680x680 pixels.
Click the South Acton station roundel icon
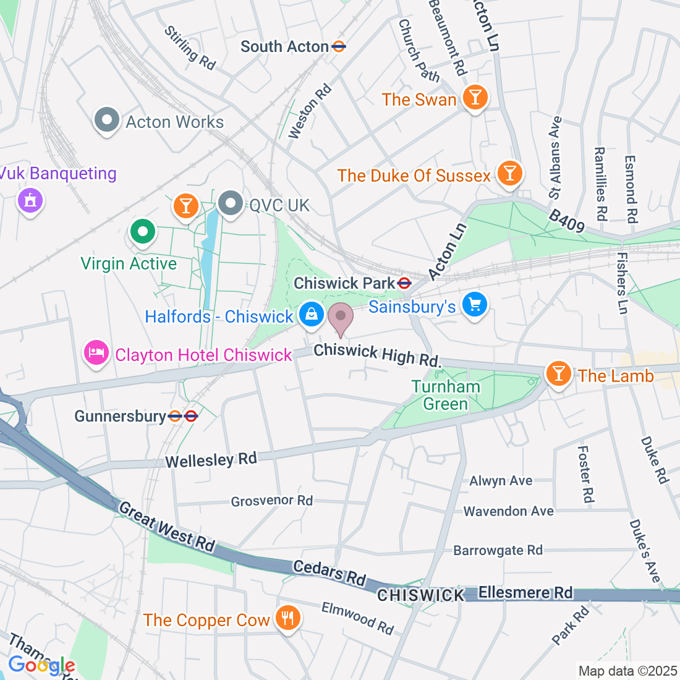[x=338, y=46]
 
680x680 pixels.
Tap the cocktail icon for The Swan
[x=475, y=98]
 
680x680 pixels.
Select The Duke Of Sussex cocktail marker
[x=509, y=174]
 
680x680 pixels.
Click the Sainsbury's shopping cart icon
[x=475, y=305]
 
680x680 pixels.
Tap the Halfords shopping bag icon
[x=312, y=315]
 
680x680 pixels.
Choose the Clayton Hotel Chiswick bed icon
[x=96, y=353]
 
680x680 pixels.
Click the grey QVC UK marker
[x=231, y=203]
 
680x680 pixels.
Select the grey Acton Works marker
[x=107, y=120]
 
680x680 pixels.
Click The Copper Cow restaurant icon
[x=287, y=617]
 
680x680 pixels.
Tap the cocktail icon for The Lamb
[x=559, y=374]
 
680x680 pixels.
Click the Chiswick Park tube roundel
[x=404, y=283]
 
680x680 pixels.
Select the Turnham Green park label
[x=446, y=395]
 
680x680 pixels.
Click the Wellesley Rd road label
[x=211, y=460]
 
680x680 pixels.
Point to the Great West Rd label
[x=167, y=526]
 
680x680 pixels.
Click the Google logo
[x=41, y=665]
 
